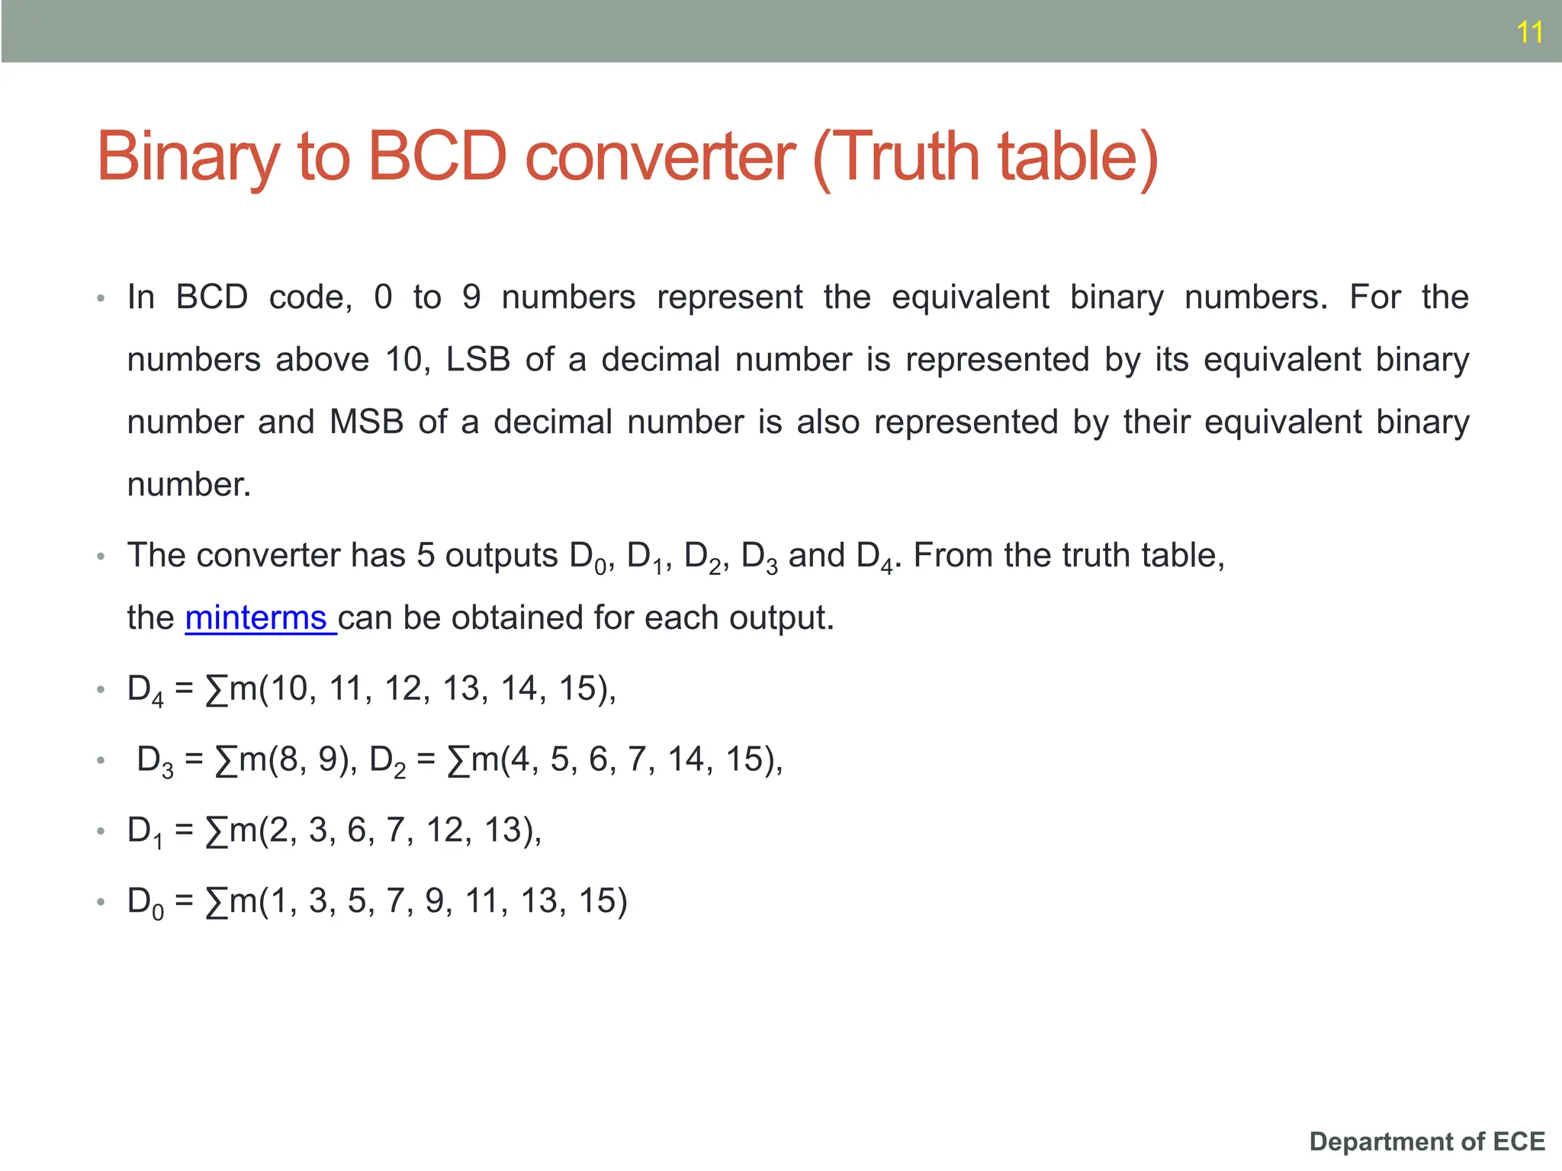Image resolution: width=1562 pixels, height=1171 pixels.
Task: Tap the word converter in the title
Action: pyautogui.click(x=660, y=157)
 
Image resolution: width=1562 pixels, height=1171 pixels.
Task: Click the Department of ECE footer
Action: pyautogui.click(x=1427, y=1141)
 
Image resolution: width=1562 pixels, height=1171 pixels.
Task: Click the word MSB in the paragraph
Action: pyautogui.click(x=366, y=422)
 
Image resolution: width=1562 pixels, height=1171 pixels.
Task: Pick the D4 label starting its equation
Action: pyautogui.click(x=145, y=690)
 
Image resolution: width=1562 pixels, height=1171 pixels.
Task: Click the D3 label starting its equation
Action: pyautogui.click(x=155, y=761)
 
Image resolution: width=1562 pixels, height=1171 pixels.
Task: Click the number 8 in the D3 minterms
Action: pyautogui.click(x=288, y=759)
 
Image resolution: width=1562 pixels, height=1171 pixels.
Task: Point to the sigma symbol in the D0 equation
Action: pyautogui.click(x=217, y=902)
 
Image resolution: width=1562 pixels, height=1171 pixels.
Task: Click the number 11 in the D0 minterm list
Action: pyautogui.click(x=482, y=901)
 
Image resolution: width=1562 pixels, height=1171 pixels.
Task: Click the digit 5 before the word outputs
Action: pyautogui.click(x=426, y=555)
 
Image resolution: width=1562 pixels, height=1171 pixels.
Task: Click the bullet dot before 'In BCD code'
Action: pyautogui.click(x=101, y=298)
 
